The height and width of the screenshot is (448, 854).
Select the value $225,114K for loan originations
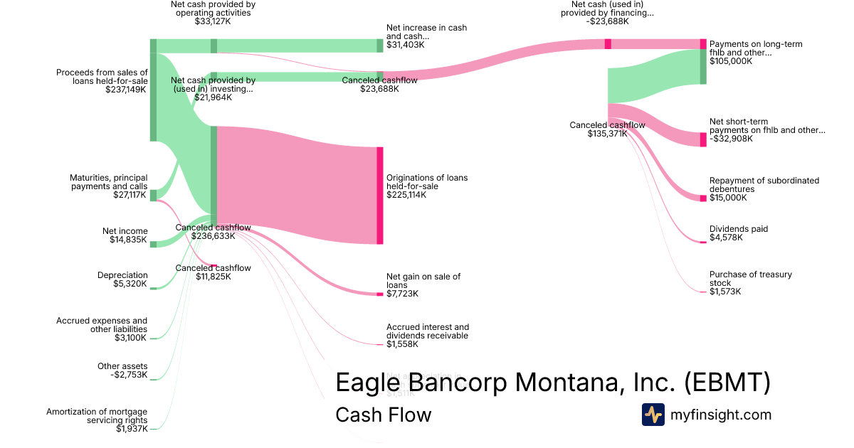pyautogui.click(x=406, y=195)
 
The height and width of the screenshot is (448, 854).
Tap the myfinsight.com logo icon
pyautogui.click(x=653, y=415)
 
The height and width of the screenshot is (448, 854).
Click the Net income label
pyautogui.click(x=125, y=231)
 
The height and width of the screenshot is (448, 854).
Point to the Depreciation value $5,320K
pyautogui.click(x=130, y=284)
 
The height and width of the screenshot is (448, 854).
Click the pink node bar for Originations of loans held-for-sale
pyautogui.click(x=380, y=196)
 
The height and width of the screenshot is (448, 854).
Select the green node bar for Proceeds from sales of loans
pyautogui.click(x=153, y=90)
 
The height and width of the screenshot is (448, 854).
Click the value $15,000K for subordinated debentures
pyautogui.click(x=728, y=198)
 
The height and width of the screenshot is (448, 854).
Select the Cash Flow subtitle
pyautogui.click(x=383, y=415)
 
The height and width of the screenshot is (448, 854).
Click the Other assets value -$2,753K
pyautogui.click(x=130, y=375)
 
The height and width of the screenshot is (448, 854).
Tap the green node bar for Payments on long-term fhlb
pyautogui.click(x=703, y=67)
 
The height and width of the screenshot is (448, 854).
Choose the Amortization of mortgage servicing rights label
pyautogui.click(x=97, y=416)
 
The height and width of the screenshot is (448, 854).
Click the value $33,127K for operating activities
pyautogui.click(x=213, y=21)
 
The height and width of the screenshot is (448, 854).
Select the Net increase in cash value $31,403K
pyautogui.click(x=405, y=45)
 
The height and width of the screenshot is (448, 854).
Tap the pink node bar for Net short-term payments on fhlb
pyautogui.click(x=703, y=139)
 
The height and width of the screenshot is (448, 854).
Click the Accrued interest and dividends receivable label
pyautogui.click(x=427, y=331)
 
